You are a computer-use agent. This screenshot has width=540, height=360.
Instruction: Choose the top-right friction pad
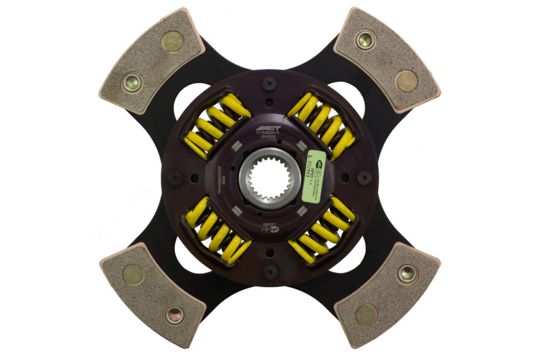point(386,59)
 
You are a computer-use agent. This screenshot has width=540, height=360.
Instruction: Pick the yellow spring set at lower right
point(322,230)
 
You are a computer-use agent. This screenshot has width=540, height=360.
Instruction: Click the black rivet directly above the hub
point(270,84)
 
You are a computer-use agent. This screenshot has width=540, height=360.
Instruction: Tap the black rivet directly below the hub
point(270,272)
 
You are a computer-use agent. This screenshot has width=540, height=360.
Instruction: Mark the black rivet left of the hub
point(176,178)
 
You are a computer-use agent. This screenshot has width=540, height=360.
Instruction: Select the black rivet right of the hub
point(364,178)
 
